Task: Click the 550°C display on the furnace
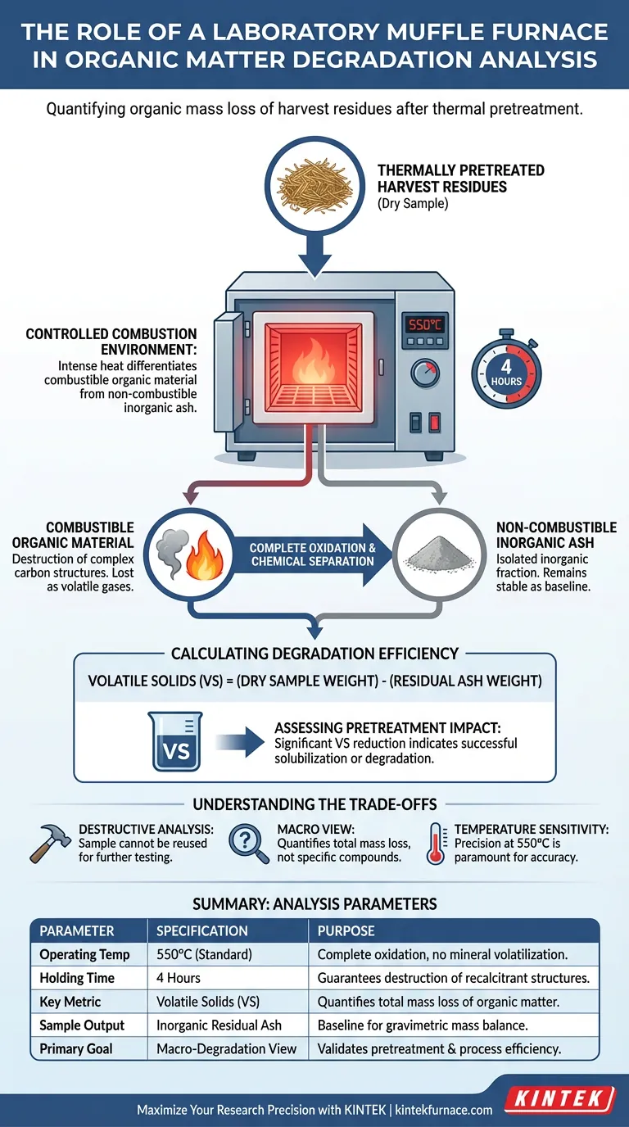click(425, 324)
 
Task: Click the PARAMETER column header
click(77, 931)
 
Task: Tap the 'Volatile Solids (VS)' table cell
click(210, 1002)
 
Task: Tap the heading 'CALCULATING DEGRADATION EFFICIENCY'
click(314, 654)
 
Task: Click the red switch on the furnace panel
click(434, 423)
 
